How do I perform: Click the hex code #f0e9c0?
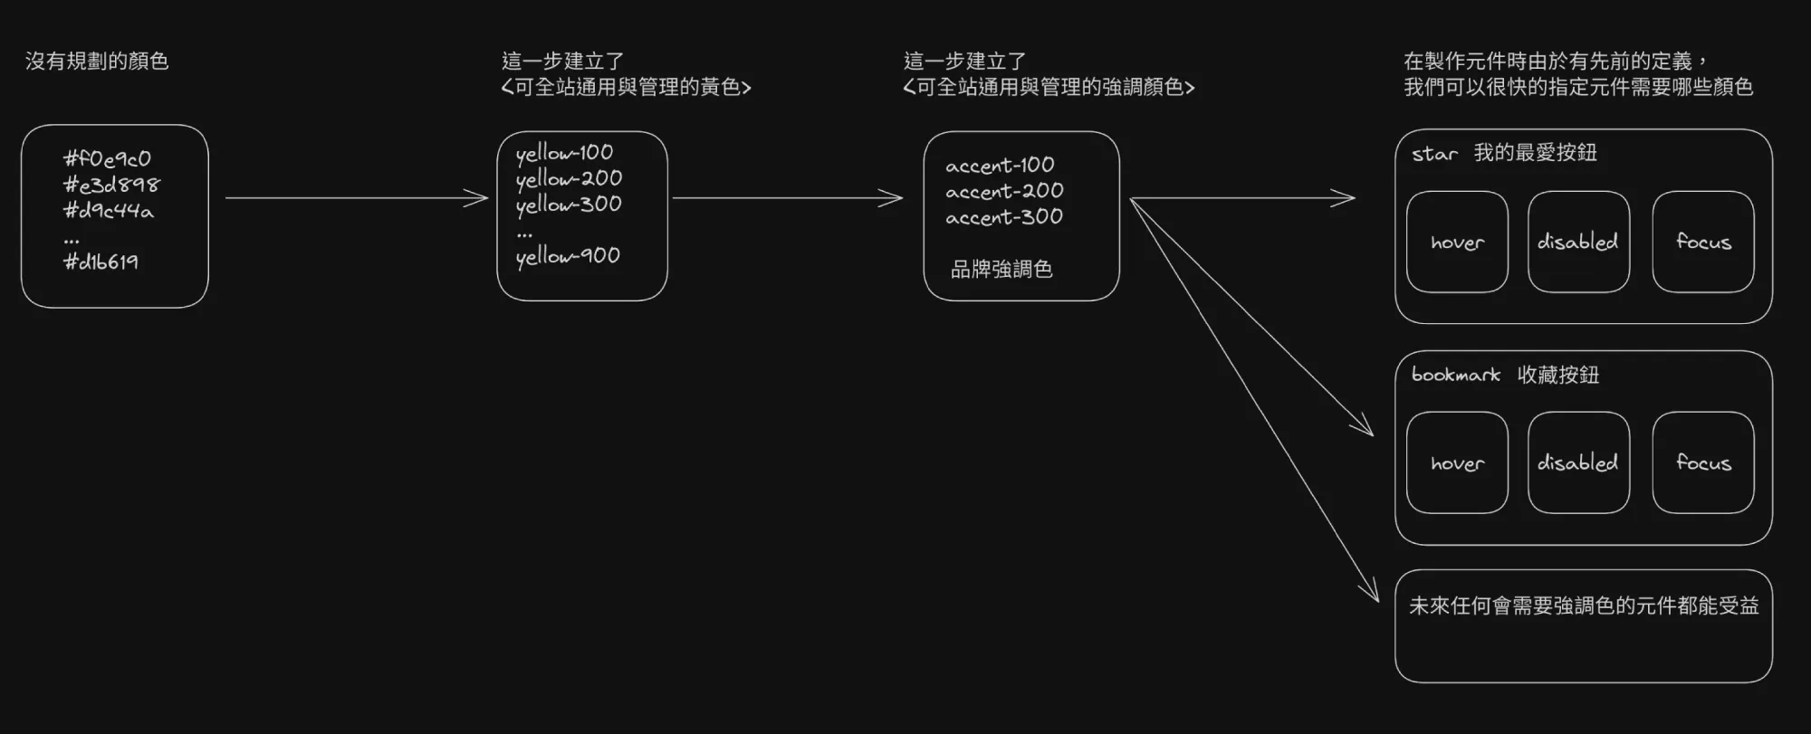pos(107,159)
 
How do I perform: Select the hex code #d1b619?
pos(101,262)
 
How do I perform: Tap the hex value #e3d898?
pos(110,185)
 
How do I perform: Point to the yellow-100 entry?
pos(564,153)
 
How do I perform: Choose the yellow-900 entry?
pos(568,256)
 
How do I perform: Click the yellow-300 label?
pos(569,205)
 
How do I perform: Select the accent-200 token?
pos(1004,192)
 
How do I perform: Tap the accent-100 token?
pos(1000,166)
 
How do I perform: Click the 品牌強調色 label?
pos(1001,269)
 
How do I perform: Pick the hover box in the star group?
pos(1457,242)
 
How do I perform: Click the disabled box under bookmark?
pos(1578,462)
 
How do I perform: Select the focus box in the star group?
pos(1703,242)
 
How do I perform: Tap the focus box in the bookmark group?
pos(1703,462)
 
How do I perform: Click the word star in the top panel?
pos(1434,154)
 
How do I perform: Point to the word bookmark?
pos(1456,375)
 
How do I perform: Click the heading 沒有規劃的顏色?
pos(97,62)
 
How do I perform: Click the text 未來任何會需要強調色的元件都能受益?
pos(1584,605)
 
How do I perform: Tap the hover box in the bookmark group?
pos(1457,462)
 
